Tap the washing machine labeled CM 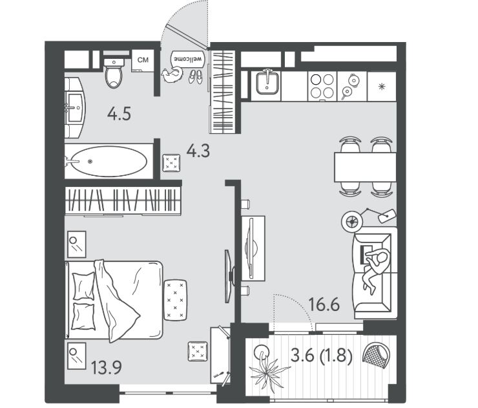pyautogui.click(x=143, y=60)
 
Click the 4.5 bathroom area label pyautogui.click(x=119, y=114)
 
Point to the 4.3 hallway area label pyautogui.click(x=198, y=151)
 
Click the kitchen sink pyautogui.click(x=267, y=82)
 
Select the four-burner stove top pyautogui.click(x=322, y=87)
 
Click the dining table pyautogui.click(x=365, y=167)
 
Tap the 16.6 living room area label pyautogui.click(x=324, y=305)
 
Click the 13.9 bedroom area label pyautogui.click(x=107, y=367)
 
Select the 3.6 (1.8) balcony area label pyautogui.click(x=322, y=356)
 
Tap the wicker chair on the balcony pyautogui.click(x=376, y=354)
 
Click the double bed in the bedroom pyautogui.click(x=114, y=300)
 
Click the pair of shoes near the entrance pyautogui.click(x=195, y=76)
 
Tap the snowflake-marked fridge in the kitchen pyautogui.click(x=382, y=87)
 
